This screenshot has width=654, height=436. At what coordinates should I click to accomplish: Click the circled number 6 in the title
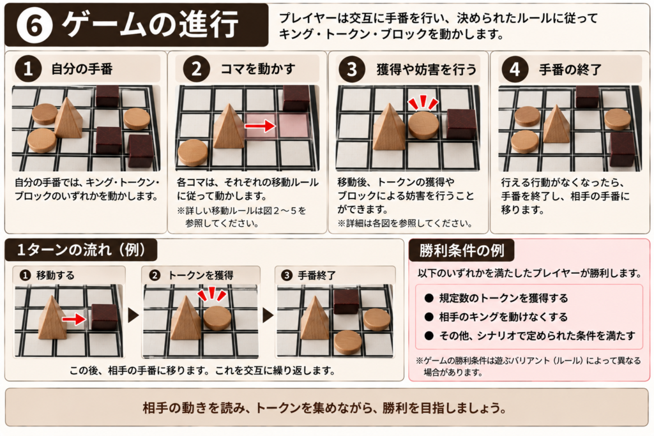point(34,26)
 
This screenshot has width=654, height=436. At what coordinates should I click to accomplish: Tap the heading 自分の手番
point(82,69)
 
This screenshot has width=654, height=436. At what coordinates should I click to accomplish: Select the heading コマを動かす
point(258,69)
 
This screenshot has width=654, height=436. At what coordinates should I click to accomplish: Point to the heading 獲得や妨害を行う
point(426,69)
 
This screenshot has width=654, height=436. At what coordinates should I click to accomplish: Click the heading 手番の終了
point(570,69)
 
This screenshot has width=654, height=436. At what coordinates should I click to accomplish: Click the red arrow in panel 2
point(261,126)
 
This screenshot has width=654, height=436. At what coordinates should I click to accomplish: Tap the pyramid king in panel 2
point(229,126)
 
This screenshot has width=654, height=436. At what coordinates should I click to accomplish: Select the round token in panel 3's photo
point(423,124)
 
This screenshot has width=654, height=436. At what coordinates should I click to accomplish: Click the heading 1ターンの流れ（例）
point(81,250)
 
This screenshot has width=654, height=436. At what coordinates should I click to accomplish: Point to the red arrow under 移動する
point(74,320)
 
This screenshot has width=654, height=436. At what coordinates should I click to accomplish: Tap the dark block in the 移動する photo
point(104,317)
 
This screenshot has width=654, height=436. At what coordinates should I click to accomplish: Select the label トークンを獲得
point(201,276)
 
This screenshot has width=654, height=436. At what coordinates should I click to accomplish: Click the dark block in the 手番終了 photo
point(346,301)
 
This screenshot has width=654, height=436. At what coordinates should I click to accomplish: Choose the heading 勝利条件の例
point(462,251)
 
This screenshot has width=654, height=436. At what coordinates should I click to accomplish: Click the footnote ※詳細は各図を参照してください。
point(405,223)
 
